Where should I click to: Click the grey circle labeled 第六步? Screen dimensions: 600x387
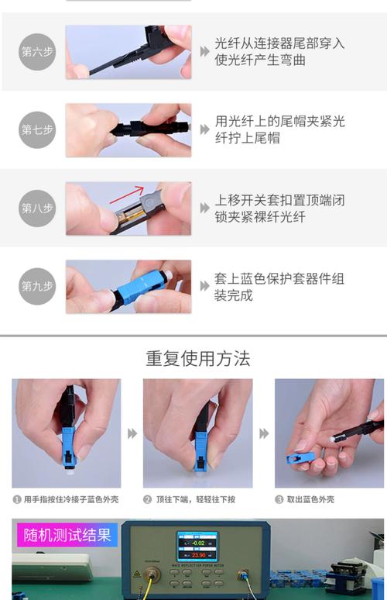coord(37,52)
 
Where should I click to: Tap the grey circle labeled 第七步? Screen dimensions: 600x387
coord(37,130)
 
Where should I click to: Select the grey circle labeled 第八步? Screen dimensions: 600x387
coord(37,209)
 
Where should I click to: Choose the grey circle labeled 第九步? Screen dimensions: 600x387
coord(37,286)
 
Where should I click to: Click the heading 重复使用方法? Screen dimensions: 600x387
coord(198,359)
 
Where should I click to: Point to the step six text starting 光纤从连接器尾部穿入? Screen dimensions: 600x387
coord(280,52)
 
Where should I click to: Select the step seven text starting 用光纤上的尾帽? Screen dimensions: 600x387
coord(280,130)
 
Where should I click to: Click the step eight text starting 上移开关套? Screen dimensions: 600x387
coord(280,209)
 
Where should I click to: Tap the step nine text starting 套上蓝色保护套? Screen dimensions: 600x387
coord(280,286)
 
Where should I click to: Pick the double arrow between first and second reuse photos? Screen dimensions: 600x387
coord(132,433)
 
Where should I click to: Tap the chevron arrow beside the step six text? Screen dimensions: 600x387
coord(204,51)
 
